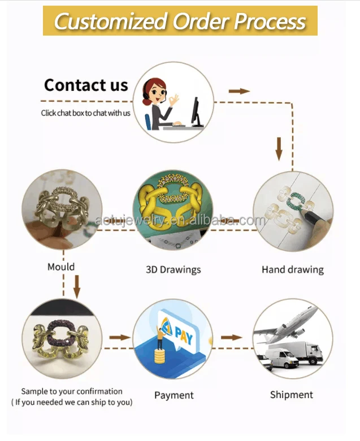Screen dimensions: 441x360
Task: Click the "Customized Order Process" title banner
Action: point(180,21)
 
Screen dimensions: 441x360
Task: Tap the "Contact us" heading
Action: point(86,85)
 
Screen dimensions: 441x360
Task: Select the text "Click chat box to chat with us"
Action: point(85,113)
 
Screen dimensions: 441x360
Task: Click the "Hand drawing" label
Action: point(292,269)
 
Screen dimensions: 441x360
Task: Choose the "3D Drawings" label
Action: point(173,269)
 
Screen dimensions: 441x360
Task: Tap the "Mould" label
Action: point(61,266)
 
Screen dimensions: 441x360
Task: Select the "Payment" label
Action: point(174,395)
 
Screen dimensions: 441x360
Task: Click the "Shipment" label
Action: point(291,395)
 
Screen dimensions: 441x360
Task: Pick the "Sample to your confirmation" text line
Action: point(72,391)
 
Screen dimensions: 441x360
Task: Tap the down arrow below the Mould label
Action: point(77,286)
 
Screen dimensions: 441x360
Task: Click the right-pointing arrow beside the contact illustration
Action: point(239,91)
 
